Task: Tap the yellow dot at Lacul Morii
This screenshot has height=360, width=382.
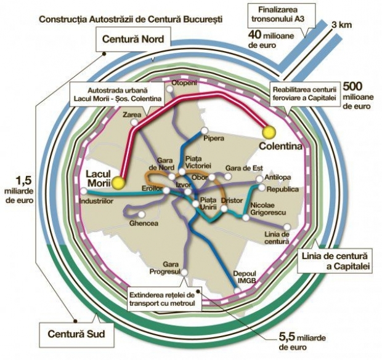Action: tap(118, 183)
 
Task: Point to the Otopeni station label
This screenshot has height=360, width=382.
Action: tap(184, 83)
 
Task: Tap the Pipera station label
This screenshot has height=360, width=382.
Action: tap(214, 139)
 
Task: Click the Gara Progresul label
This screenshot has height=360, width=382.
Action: tap(163, 268)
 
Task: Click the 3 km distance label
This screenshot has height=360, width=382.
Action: tap(342, 25)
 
